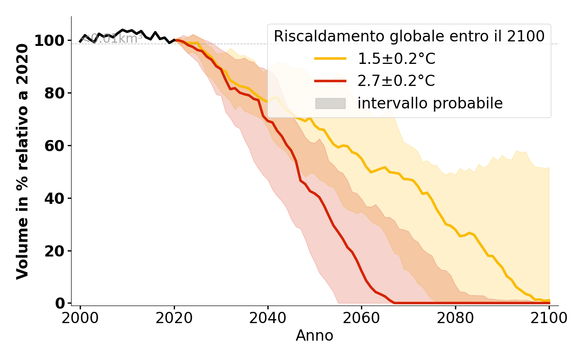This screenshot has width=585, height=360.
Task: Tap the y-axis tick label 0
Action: tap(60, 304)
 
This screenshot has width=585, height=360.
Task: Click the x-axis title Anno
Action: tap(315, 336)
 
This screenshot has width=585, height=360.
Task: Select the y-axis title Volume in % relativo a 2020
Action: tap(23, 161)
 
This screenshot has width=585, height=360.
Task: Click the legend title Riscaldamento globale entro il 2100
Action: tap(409, 36)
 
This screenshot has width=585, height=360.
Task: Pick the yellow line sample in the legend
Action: tap(330, 58)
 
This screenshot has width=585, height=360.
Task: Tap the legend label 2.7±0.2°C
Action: tap(396, 81)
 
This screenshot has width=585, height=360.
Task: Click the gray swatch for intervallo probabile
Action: tap(330, 103)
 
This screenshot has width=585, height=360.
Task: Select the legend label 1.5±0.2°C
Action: tap(396, 58)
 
